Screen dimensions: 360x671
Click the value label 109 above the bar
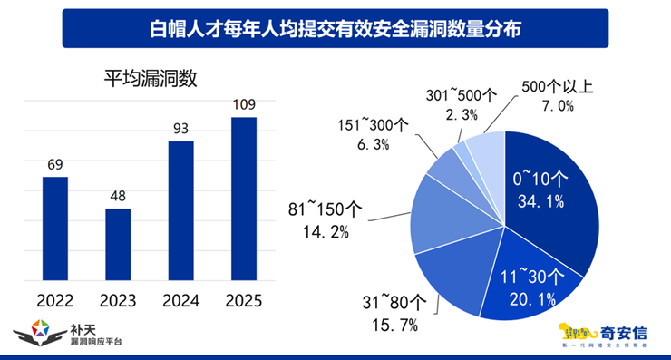click(x=243, y=103)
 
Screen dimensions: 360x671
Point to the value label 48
click(x=118, y=196)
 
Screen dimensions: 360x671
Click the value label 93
click(x=180, y=128)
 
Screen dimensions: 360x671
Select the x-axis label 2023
click(x=118, y=300)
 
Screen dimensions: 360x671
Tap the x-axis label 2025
click(x=243, y=300)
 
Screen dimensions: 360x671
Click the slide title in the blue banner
click(x=335, y=27)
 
